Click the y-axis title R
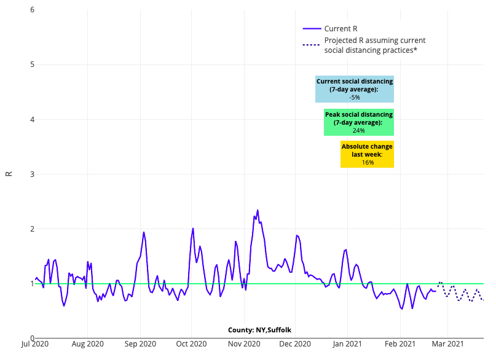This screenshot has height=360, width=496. point(9,174)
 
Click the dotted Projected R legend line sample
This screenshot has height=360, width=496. point(312,45)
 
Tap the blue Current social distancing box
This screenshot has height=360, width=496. point(355,89)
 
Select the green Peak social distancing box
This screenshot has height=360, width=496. point(359,122)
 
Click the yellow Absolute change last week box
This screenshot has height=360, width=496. point(367,154)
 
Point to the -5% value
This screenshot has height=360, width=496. point(355,98)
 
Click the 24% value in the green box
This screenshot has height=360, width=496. point(359,131)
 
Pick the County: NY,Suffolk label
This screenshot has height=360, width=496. point(259,330)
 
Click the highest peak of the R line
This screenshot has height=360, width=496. point(258,210)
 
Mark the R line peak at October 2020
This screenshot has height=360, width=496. point(193,228)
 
